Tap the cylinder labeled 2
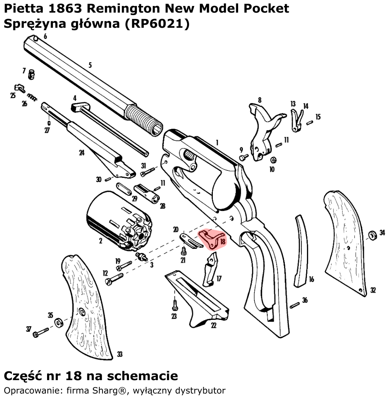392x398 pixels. [119, 221]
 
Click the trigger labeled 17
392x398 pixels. [211, 269]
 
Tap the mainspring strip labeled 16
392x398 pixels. [301, 251]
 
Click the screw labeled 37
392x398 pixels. [40, 333]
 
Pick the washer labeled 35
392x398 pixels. [59, 323]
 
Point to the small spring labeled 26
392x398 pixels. [32, 97]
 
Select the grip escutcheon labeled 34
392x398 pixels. [372, 235]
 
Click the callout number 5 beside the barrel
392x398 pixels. [90, 65]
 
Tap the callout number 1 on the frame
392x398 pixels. [217, 143]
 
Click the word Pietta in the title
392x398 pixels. [24, 9]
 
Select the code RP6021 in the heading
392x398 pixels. [156, 24]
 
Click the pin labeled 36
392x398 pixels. [295, 305]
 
